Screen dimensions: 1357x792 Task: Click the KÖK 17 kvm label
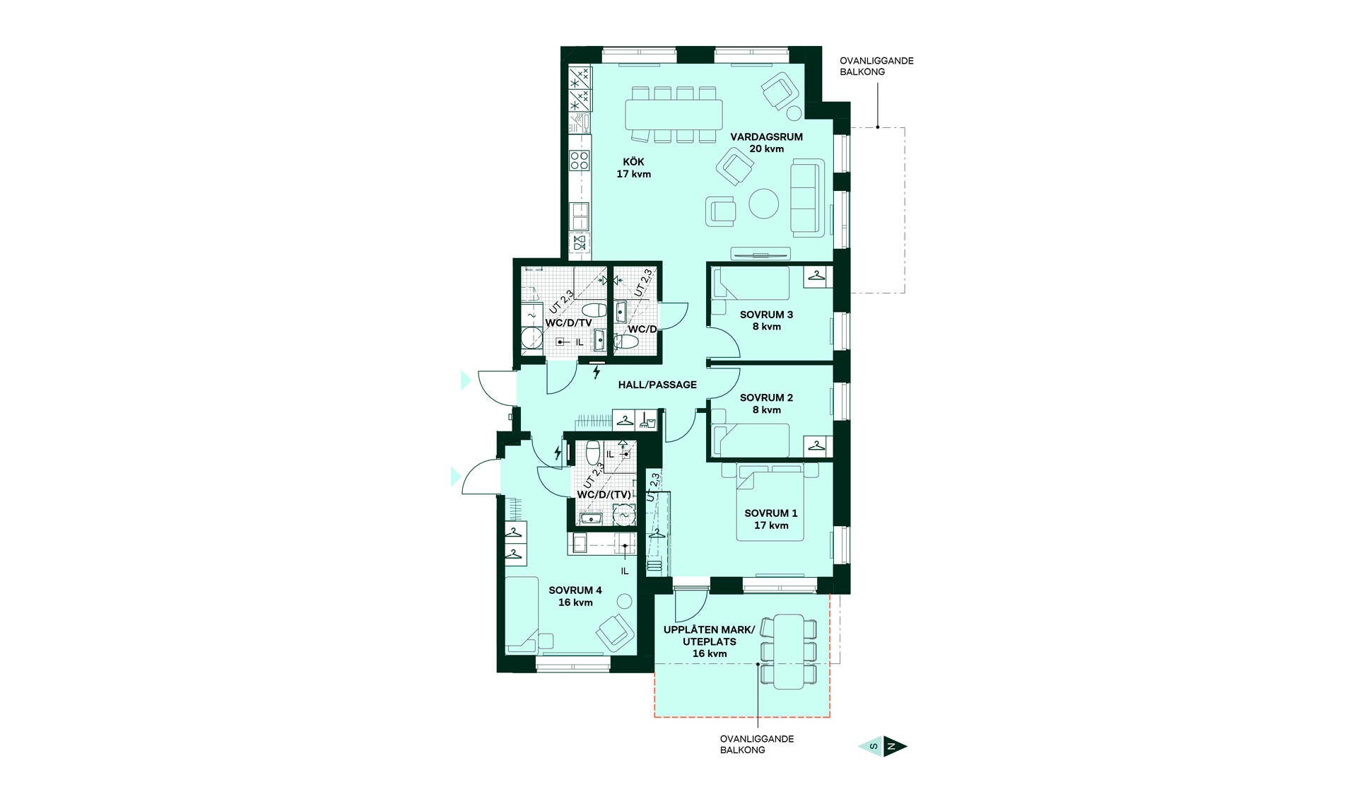[x=633, y=168]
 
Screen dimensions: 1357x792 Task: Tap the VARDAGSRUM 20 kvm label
[x=767, y=143]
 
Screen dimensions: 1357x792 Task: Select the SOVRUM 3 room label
[x=766, y=320]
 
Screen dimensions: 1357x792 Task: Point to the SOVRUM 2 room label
[x=766, y=404]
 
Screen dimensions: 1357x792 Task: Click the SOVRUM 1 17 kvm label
[x=770, y=519]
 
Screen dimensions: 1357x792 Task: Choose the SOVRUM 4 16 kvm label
[x=575, y=596]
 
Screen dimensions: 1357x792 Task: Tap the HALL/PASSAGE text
[x=657, y=385]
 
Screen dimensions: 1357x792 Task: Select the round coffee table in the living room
[x=764, y=204]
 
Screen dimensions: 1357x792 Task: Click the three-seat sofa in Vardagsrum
[x=807, y=197]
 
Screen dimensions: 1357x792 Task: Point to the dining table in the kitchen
[x=674, y=114]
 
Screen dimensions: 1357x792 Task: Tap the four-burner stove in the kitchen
[x=580, y=161]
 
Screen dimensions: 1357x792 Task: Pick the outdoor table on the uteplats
[x=789, y=651]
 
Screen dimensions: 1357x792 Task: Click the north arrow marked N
[x=895, y=747]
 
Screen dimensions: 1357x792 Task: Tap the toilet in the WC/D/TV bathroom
[x=593, y=310]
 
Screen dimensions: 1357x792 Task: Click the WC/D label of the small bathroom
[x=642, y=330]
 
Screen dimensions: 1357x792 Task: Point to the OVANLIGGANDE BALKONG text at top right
[x=876, y=66]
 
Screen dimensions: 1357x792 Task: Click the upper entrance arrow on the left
[x=465, y=380]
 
